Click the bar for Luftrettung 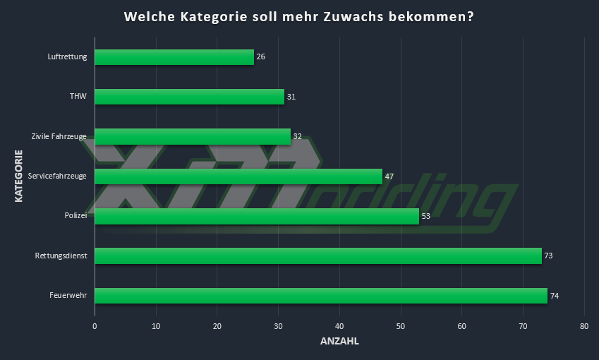click(x=174, y=57)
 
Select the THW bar click(x=189, y=97)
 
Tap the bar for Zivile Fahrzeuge click(x=193, y=136)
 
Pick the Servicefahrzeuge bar click(x=238, y=176)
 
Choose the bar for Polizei click(x=257, y=216)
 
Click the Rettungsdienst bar click(x=318, y=256)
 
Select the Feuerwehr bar click(x=321, y=296)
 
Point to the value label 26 click(x=261, y=57)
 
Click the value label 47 click(x=389, y=176)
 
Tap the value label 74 click(x=555, y=296)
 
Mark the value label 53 click(x=425, y=216)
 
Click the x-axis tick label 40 click(x=339, y=326)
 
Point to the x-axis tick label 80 click(x=584, y=326)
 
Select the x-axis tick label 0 click(x=95, y=326)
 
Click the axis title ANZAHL click(x=339, y=342)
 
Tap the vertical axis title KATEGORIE click(x=19, y=174)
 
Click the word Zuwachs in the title click(x=353, y=16)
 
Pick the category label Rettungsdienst click(x=61, y=256)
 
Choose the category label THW click(x=78, y=97)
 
